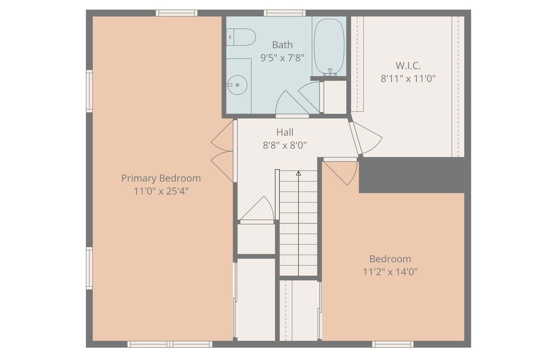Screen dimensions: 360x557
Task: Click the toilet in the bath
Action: (x=243, y=37)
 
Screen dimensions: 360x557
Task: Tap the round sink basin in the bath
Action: (x=237, y=85)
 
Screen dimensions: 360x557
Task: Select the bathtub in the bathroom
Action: (x=329, y=46)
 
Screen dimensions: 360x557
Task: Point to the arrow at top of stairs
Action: (x=299, y=173)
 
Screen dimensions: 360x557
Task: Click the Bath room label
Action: (x=282, y=45)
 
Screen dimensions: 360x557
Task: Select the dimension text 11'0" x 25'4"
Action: (x=161, y=191)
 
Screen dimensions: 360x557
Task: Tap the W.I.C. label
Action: (x=408, y=65)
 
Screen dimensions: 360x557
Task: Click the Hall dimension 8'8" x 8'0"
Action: (x=285, y=145)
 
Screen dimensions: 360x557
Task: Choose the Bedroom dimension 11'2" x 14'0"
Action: (x=390, y=272)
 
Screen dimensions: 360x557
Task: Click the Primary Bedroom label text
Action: (x=161, y=178)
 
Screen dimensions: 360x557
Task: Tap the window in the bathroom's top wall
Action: (x=285, y=13)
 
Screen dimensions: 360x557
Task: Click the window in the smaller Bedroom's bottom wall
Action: (x=393, y=344)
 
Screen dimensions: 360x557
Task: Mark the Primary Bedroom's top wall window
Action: (x=176, y=13)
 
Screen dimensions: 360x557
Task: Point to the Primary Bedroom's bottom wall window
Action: (x=170, y=344)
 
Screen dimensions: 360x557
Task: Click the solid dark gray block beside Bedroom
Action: (x=412, y=175)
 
